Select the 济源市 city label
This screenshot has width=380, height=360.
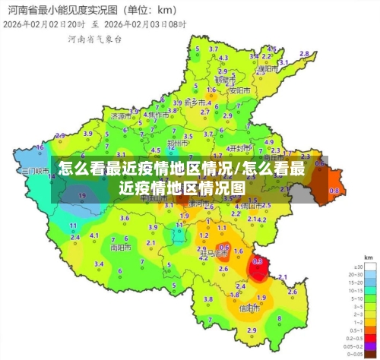(x=120, y=117)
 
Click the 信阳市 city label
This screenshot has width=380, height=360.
(x=249, y=308)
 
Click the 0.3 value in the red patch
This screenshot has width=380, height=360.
(x=257, y=261)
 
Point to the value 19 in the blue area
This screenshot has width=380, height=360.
(x=82, y=196)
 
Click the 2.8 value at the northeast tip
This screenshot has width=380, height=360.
(x=304, y=53)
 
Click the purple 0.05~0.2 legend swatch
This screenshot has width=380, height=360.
(x=356, y=346)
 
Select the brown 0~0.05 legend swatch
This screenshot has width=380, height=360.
(x=356, y=354)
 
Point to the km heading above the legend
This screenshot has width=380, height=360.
(x=368, y=257)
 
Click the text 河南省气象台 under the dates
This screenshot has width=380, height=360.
(x=94, y=38)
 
